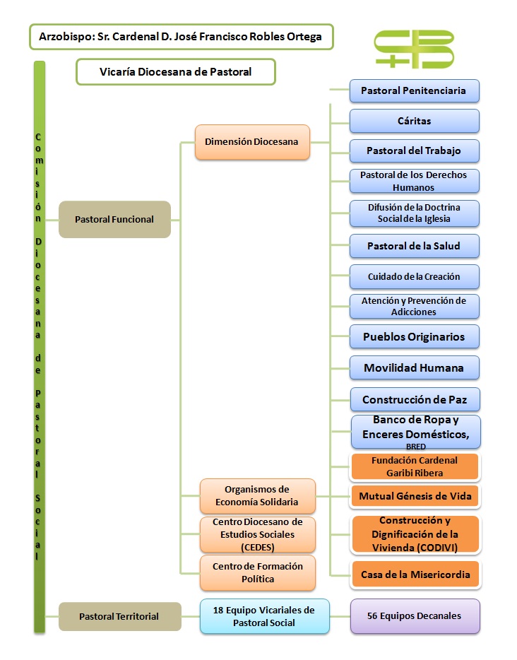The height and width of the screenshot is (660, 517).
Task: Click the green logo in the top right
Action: point(414,49)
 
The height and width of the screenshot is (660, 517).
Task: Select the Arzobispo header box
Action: point(181,35)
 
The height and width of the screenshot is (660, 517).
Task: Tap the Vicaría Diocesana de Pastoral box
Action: point(175,71)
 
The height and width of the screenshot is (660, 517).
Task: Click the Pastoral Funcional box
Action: point(114,219)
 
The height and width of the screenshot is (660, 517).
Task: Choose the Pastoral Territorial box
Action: point(119,616)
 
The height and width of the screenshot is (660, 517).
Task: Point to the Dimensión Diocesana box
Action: point(252,141)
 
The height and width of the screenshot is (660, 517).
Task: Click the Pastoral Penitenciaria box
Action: point(414,90)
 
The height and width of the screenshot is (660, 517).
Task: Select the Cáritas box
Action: point(414,121)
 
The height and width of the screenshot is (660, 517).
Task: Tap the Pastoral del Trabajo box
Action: point(414,151)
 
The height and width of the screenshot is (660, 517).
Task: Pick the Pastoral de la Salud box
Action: point(414,246)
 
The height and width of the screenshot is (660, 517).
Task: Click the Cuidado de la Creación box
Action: point(414,276)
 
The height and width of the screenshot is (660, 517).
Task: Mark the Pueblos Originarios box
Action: point(414,336)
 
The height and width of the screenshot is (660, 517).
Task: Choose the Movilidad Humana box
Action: point(414,367)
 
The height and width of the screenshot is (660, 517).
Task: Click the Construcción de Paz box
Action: point(414,399)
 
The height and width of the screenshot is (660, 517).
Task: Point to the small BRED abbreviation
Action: point(416,447)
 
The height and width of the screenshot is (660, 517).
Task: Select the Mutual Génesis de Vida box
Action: point(415,496)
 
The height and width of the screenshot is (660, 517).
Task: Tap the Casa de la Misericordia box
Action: point(415,574)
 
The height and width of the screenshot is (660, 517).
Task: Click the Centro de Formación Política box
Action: point(258,572)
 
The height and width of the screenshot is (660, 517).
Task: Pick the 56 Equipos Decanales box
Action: point(415,615)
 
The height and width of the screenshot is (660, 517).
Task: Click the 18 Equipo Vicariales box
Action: point(264,615)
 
